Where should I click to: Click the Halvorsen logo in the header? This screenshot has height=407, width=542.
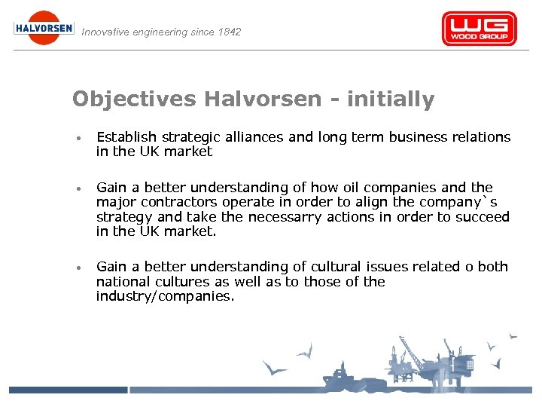(44, 28)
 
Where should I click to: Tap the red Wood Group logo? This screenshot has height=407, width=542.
(479, 29)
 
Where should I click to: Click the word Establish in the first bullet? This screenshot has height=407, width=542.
(126, 137)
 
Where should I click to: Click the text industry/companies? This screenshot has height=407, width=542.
(165, 296)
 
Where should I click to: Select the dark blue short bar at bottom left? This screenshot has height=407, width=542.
(68, 390)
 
